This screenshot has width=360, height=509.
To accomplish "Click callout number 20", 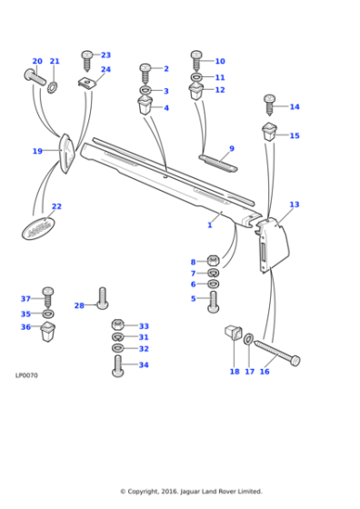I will click(x=37, y=62).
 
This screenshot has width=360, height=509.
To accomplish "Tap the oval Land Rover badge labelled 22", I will click(x=41, y=226).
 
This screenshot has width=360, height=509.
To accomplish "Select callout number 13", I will click(x=294, y=205).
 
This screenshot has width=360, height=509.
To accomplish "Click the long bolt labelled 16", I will click(x=276, y=353).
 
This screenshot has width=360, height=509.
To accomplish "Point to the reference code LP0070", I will click(x=26, y=374).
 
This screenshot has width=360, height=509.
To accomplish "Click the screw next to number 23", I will click(x=87, y=59).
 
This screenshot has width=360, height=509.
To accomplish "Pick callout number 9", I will click(x=231, y=148).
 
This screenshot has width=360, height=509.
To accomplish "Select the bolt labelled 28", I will click(x=102, y=298).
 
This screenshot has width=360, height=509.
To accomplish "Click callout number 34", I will click(x=144, y=365).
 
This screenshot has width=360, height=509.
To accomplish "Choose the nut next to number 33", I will click(x=117, y=325).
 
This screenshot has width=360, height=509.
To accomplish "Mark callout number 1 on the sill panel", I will click(x=209, y=225).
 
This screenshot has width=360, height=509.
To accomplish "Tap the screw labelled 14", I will click(x=269, y=104).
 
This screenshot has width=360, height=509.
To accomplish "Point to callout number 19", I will click(x=37, y=151).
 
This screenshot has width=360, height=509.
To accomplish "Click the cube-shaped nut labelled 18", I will click(x=232, y=335).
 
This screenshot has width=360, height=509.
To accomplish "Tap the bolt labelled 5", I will click(x=214, y=302).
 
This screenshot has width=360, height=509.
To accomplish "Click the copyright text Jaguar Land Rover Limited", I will click(x=192, y=492).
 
